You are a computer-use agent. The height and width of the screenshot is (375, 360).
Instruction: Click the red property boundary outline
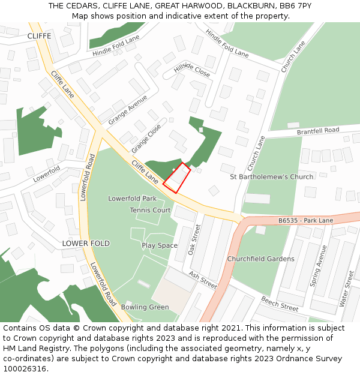tap(176, 178)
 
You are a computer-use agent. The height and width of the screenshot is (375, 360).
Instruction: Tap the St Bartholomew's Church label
tap(272, 177)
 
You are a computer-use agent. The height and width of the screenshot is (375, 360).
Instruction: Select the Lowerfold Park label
tap(132, 199)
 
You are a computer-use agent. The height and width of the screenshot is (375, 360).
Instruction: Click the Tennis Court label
tap(151, 211)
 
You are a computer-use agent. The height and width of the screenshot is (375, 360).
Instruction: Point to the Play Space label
tap(160, 245)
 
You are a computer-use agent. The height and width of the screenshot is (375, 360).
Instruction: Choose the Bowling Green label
tap(145, 307)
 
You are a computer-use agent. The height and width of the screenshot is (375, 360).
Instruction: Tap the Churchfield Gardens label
tap(260, 259)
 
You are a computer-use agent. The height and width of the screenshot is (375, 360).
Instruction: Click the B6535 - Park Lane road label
tap(305, 221)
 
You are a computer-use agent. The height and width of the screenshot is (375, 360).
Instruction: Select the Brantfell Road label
tap(318, 131)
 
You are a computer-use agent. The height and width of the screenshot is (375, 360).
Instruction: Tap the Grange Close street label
tap(146, 137)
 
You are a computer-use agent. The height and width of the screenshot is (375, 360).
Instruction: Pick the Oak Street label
tap(194, 240)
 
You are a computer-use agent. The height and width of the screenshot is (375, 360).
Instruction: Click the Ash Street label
tap(203, 280)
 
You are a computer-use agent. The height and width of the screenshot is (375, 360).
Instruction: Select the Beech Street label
tap(280, 304)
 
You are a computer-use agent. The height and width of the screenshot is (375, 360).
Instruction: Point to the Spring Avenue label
tap(318, 266)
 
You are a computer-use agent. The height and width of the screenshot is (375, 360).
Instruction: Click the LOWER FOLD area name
tap(86, 244)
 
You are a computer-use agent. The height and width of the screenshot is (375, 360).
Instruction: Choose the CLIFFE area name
tap(39, 36)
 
